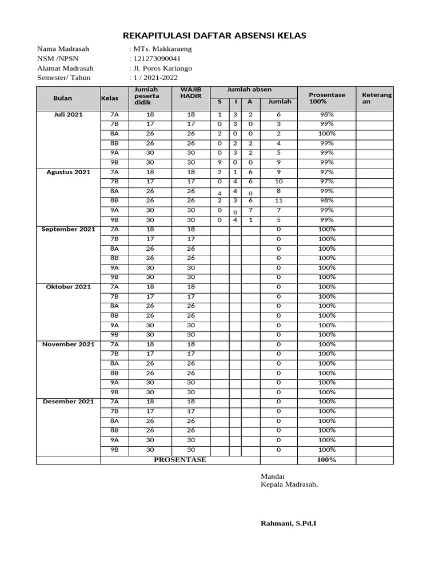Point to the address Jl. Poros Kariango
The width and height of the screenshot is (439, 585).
tap(162, 69)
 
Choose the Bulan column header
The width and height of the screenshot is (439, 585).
tap(63, 98)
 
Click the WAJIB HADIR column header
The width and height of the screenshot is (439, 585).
tap(191, 93)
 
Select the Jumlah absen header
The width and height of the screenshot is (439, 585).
tap(249, 90)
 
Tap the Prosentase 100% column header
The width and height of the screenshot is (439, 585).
tap(326, 98)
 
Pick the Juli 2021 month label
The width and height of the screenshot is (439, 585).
tap(68, 115)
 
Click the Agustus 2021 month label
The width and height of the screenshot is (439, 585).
tap(68, 172)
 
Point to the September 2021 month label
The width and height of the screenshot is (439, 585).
tap(68, 229)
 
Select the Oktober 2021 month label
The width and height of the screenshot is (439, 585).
tap(68, 287)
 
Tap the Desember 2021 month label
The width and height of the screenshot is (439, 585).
tap(68, 402)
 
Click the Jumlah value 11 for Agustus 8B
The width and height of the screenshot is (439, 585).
tap(278, 201)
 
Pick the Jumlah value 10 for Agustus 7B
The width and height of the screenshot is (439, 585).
tap(278, 182)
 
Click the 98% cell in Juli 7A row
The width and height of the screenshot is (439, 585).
tap(326, 115)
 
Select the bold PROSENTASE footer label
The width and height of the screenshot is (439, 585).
tap(180, 460)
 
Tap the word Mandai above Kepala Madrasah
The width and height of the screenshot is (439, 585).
tap(273, 476)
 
